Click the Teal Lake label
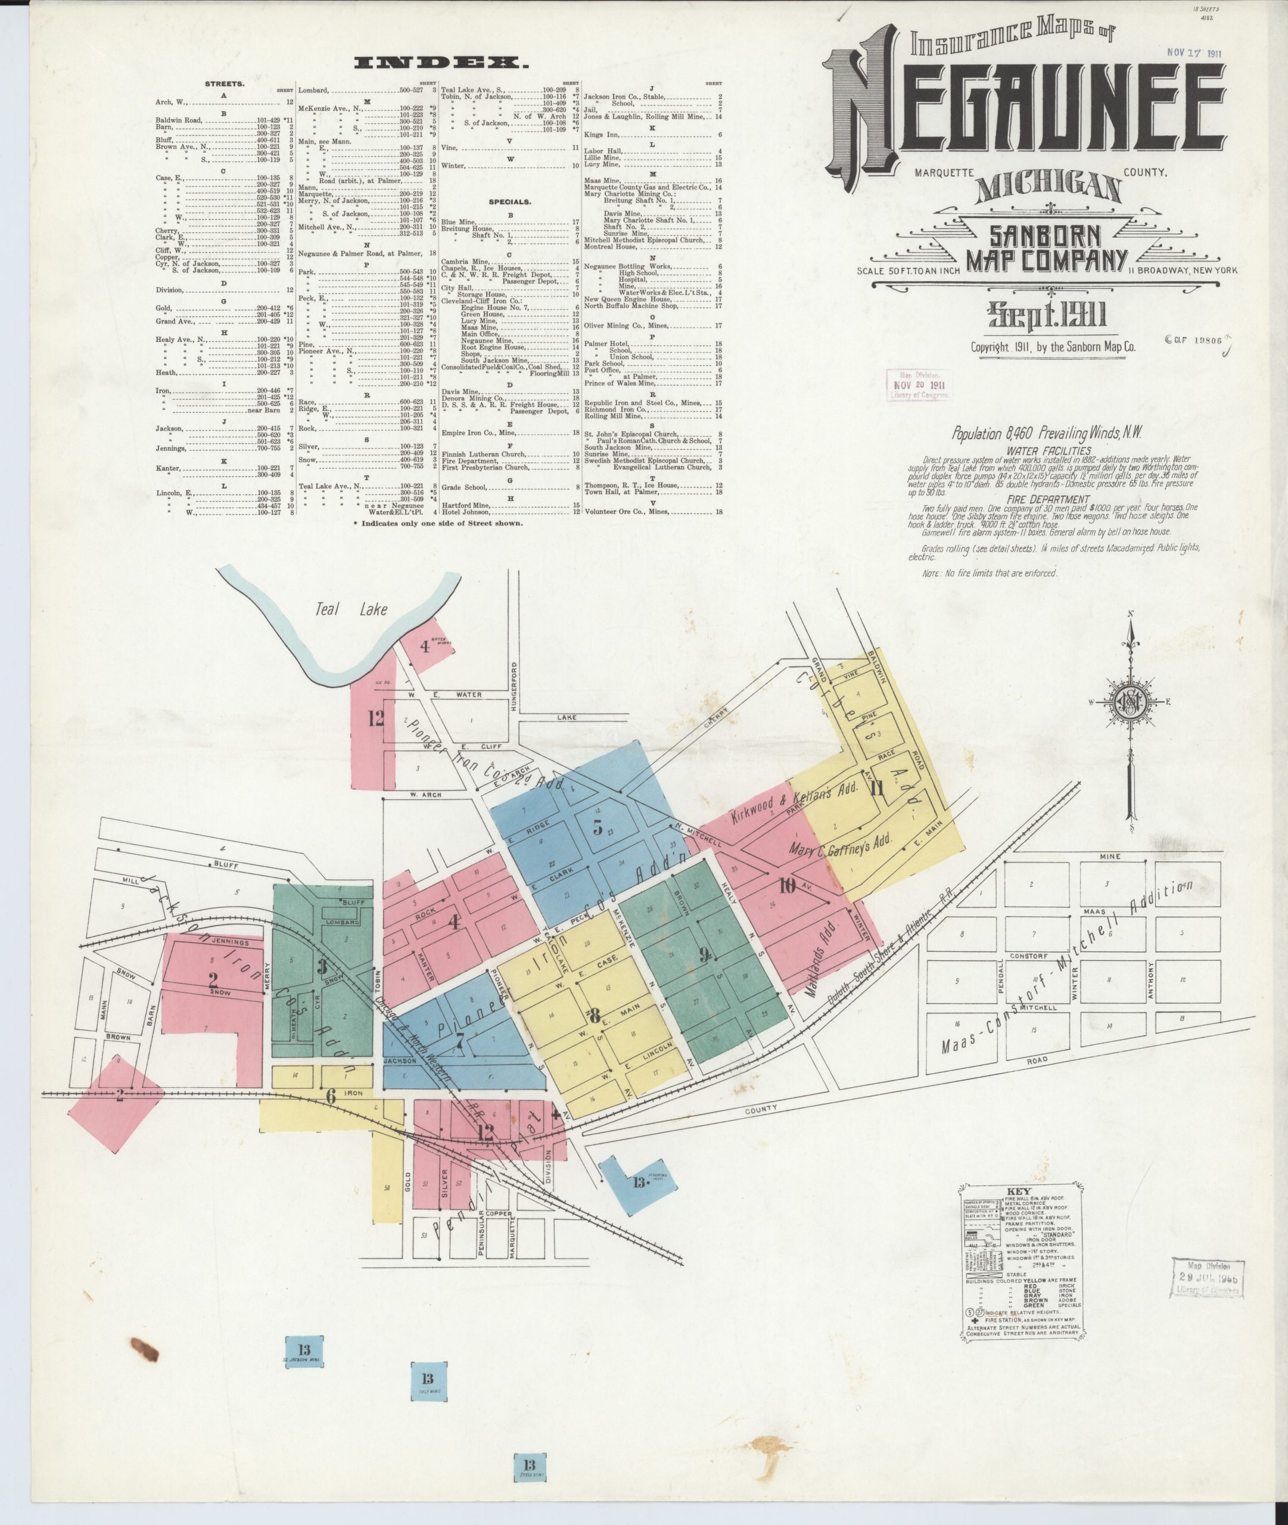click(351, 609)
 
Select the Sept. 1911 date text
click(1047, 315)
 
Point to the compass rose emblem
click(1131, 704)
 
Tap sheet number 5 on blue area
click(598, 829)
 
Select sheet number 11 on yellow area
click(876, 788)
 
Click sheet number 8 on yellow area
click(595, 1014)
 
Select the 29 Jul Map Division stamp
click(1208, 1277)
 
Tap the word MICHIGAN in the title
click(1049, 188)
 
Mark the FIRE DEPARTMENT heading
click(1049, 499)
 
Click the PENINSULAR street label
click(481, 1234)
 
